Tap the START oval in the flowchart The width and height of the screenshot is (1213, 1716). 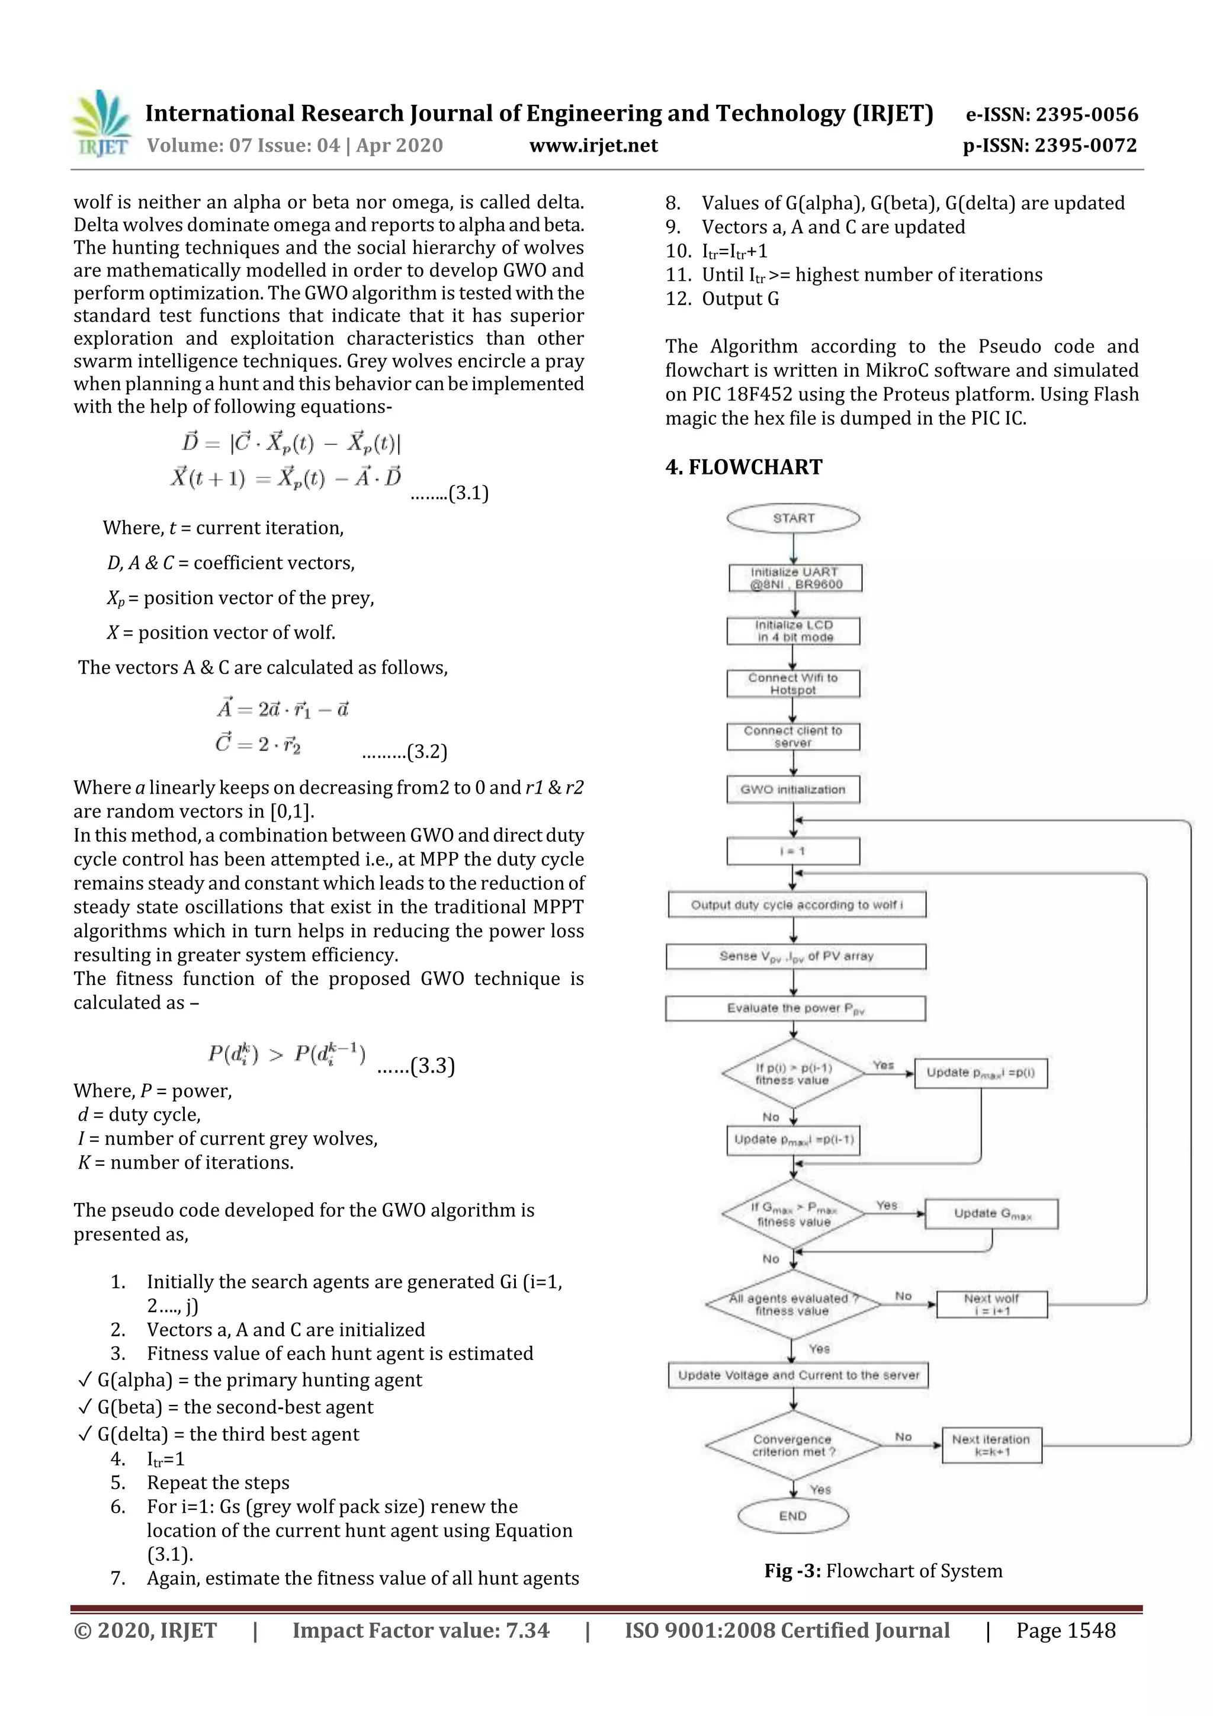point(793,518)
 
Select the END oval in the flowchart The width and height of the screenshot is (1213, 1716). point(793,1516)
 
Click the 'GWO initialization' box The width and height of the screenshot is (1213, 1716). point(793,789)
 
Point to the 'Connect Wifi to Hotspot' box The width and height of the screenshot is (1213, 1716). point(793,683)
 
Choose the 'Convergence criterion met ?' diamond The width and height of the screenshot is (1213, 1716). point(793,1445)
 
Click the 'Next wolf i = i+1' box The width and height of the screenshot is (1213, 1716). point(991,1304)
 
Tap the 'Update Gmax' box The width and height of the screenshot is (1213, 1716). point(991,1213)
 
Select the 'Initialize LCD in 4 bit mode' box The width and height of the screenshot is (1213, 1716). point(793,631)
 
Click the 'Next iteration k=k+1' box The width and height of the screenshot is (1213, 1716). point(991,1445)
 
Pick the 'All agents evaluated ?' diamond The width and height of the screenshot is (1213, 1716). point(793,1304)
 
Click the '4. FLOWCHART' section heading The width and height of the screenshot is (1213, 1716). point(744,467)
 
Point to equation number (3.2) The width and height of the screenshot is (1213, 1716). point(426,751)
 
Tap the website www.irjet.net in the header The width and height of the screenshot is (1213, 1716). point(593,145)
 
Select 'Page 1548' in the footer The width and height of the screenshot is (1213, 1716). point(1065,1630)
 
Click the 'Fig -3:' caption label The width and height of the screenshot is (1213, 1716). point(792,1570)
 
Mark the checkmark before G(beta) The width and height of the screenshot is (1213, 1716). point(85,1407)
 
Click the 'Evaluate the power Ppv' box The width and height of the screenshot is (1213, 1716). point(795,1008)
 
